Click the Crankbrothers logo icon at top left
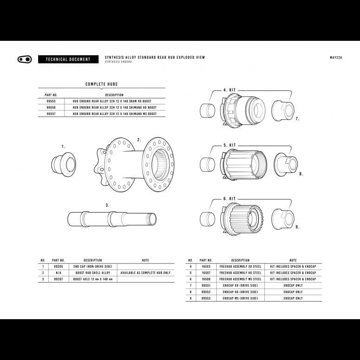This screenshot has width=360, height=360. click(24, 59)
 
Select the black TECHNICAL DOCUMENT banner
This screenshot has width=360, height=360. click(68, 59)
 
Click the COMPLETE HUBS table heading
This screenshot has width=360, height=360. click(101, 84)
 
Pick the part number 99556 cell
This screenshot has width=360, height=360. click(51, 107)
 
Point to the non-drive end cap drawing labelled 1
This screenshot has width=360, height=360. click(64, 163)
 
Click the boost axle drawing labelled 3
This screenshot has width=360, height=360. click(112, 219)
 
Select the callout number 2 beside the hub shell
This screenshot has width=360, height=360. click(139, 139)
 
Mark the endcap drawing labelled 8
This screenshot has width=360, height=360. click(286, 165)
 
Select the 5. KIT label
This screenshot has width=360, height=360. click(229, 145)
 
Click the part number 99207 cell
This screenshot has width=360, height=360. click(58, 279)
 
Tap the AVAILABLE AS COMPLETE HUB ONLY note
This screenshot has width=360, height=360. click(145, 273)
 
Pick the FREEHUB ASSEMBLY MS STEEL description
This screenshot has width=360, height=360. click(240, 279)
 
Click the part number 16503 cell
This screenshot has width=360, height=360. click(206, 267)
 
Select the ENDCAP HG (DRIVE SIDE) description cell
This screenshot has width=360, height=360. click(240, 292)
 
